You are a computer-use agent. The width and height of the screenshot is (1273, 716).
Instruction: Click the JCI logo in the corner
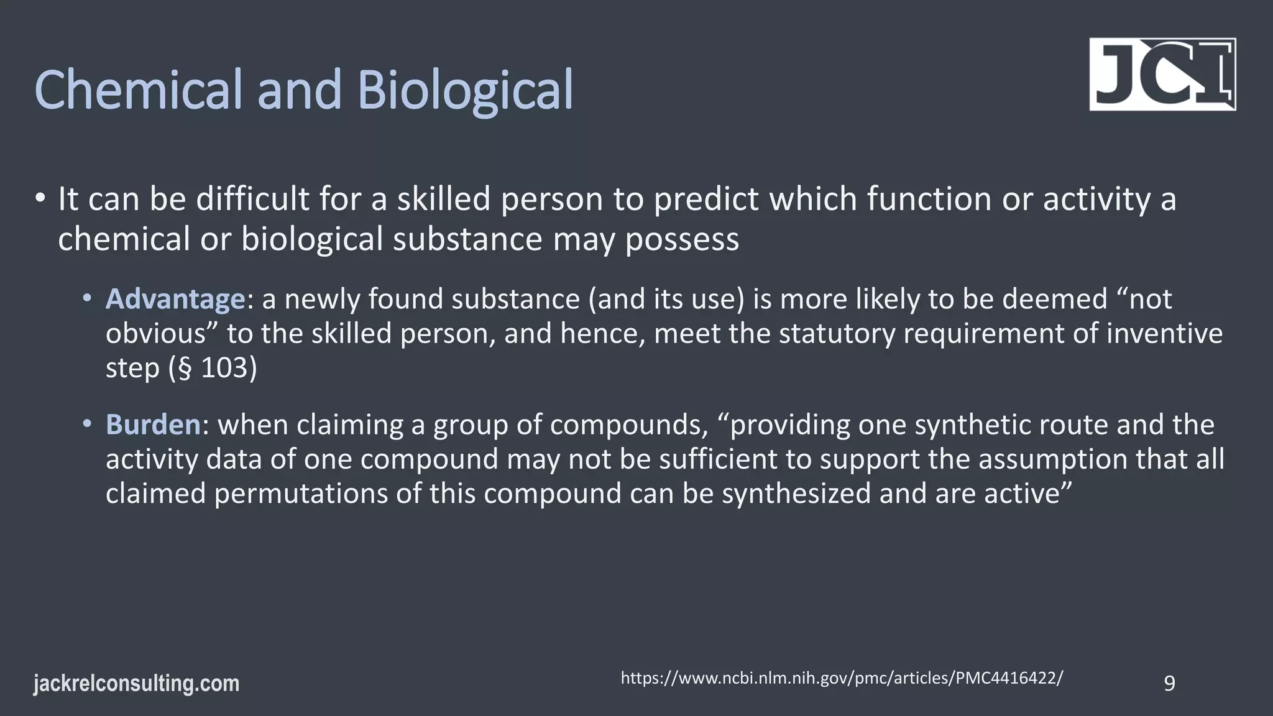1162,75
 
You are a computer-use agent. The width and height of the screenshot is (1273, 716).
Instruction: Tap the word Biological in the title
465,90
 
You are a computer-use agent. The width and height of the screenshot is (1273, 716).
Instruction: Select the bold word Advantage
175,299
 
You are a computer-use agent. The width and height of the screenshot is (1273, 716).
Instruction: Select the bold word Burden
153,425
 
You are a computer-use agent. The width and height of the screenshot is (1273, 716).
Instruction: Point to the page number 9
1169,684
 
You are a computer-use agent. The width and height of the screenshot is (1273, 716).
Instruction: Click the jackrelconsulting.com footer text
136,684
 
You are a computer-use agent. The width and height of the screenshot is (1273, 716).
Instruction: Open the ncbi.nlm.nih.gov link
842,678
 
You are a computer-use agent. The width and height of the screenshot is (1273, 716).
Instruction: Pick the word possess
682,239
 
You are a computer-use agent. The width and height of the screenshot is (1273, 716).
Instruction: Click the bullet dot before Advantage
88,298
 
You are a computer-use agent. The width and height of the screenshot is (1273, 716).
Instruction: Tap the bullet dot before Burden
88,424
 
